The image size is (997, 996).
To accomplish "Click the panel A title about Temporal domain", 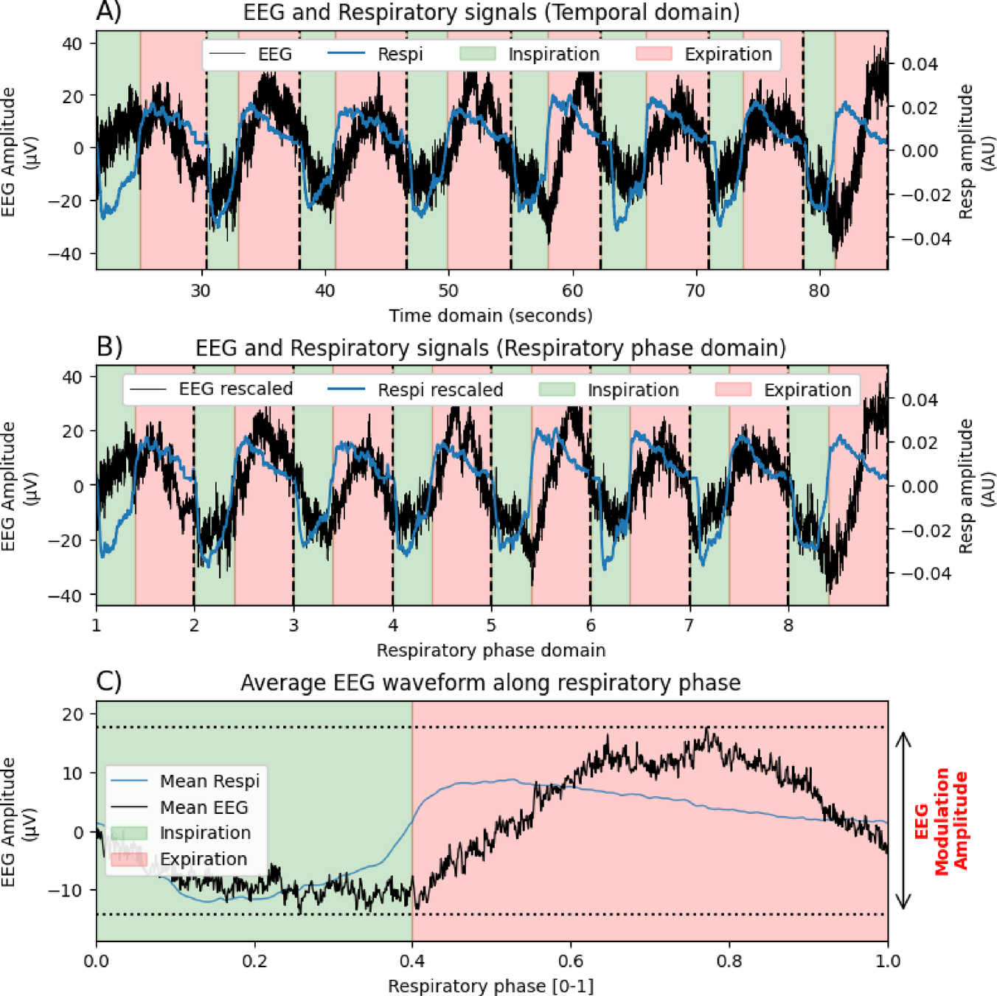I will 491,13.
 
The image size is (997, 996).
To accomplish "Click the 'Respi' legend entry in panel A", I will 399,55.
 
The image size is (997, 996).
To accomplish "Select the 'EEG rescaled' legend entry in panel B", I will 235,389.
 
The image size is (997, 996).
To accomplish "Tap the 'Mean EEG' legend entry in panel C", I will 204,807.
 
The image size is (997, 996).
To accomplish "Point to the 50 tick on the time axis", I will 448,290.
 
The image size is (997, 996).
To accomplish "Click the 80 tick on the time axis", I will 819,290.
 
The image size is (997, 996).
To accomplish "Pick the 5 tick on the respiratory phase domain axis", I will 491,626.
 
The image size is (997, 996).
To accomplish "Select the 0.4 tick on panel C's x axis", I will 412,961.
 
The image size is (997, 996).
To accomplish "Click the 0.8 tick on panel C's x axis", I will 729,961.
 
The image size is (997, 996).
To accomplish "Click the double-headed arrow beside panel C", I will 903,821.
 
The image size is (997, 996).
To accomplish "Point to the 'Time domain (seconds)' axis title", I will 490,316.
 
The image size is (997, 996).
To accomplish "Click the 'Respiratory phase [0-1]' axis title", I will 490,986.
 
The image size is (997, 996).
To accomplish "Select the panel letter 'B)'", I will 109,346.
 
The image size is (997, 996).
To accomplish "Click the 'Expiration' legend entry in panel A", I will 727,55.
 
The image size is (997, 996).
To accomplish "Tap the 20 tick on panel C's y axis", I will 73,714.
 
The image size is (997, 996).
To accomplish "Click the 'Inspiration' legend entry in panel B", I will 632,389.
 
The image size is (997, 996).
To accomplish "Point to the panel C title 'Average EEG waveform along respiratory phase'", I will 490,683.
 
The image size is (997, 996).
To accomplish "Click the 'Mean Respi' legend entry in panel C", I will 209,781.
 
